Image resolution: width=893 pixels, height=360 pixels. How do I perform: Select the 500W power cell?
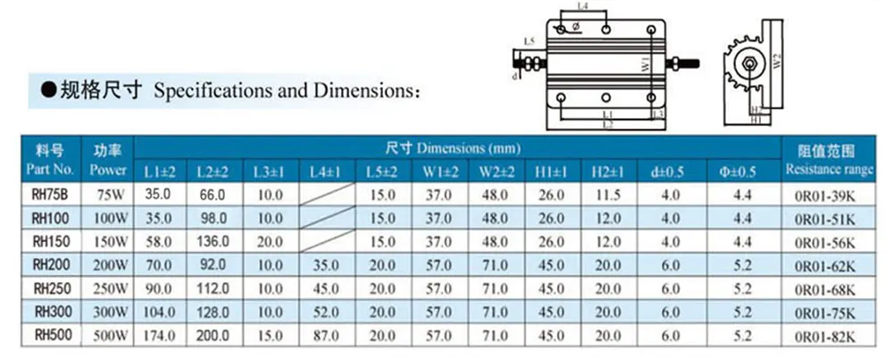coord(108,335)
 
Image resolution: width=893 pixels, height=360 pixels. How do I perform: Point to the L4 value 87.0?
coord(323,335)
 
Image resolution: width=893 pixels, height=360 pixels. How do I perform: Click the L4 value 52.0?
coord(323,312)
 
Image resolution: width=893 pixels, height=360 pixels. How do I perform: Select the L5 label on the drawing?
coord(530,42)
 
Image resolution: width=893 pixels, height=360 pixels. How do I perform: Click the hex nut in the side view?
coord(748,63)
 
